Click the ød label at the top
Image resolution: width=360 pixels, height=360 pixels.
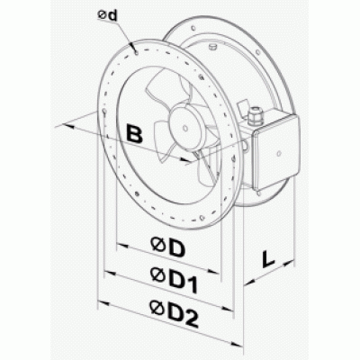pos(107,16)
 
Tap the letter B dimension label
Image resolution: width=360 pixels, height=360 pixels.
pos(134,133)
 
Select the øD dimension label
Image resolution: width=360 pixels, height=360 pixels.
pos(167,247)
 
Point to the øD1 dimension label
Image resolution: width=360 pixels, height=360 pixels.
pos(175,281)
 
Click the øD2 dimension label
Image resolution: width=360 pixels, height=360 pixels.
pos(175,314)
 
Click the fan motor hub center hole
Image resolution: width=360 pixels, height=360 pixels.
pos(185,128)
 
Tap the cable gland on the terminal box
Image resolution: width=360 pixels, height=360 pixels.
pos(256,116)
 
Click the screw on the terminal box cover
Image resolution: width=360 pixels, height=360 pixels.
pos(279,153)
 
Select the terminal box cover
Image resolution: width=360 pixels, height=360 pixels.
pos(276,153)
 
